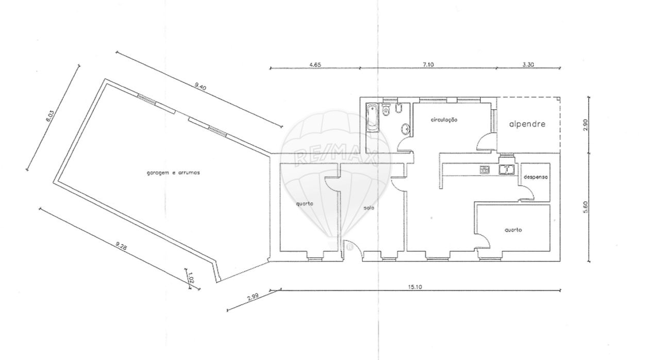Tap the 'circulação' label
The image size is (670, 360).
tap(444, 120)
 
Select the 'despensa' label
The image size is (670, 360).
tap(535, 177)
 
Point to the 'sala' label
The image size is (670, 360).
tap(369, 208)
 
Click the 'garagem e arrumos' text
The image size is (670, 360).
tap(173, 173)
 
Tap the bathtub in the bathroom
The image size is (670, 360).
tap(373, 117)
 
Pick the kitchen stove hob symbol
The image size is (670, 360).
tap(485, 169)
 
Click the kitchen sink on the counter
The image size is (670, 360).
tap(506, 169)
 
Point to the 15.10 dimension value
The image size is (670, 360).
tap(415, 287)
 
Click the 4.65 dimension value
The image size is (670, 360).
tap(315, 64)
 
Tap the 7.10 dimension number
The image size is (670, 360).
tap(428, 64)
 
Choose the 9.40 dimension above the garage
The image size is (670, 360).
tap(200, 87)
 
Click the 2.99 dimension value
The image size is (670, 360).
tap(253, 298)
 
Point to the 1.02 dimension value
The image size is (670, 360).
tap(192, 277)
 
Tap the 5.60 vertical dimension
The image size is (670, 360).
tap(585, 207)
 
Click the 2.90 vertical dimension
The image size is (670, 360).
tap(585, 125)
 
